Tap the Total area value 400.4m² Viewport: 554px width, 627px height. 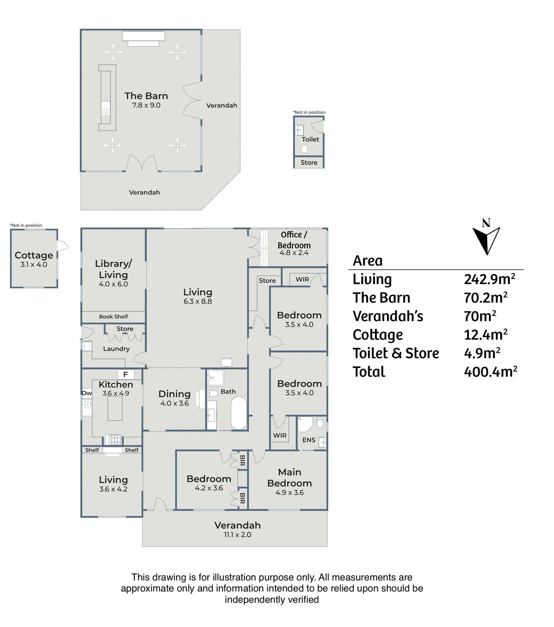point(490,372)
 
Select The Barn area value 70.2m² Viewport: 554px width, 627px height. point(485,297)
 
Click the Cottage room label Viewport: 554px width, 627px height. point(34,255)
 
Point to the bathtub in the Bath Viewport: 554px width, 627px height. point(239,413)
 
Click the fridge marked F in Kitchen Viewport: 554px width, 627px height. point(125,374)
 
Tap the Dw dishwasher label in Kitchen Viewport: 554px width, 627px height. point(87,393)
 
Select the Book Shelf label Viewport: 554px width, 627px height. point(113,316)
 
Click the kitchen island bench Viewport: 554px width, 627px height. point(115,408)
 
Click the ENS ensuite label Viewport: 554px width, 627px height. point(309,440)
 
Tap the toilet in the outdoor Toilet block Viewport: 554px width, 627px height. point(304,150)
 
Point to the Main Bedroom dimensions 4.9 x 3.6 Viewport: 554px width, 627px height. point(289,492)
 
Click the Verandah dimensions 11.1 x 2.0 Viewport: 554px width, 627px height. point(237,535)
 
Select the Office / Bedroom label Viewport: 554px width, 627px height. point(294,240)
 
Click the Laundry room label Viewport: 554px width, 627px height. point(116,349)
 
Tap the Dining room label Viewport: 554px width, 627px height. point(174,394)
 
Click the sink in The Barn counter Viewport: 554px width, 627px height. point(106,112)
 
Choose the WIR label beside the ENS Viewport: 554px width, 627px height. point(280,435)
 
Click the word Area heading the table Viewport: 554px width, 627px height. point(367,261)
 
